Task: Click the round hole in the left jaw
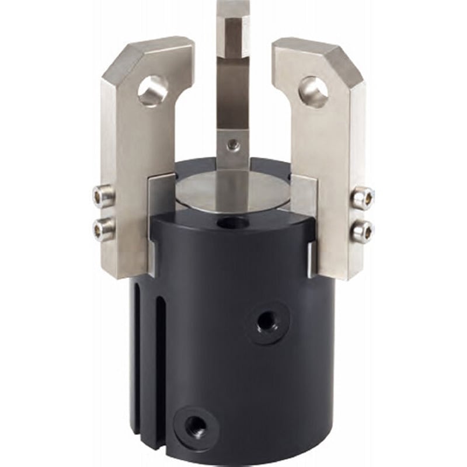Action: pos(152,90)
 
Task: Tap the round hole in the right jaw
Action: pos(314,92)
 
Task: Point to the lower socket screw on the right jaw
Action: pos(361,231)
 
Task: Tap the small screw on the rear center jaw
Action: pos(233,145)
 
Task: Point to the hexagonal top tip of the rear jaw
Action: pos(233,29)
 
